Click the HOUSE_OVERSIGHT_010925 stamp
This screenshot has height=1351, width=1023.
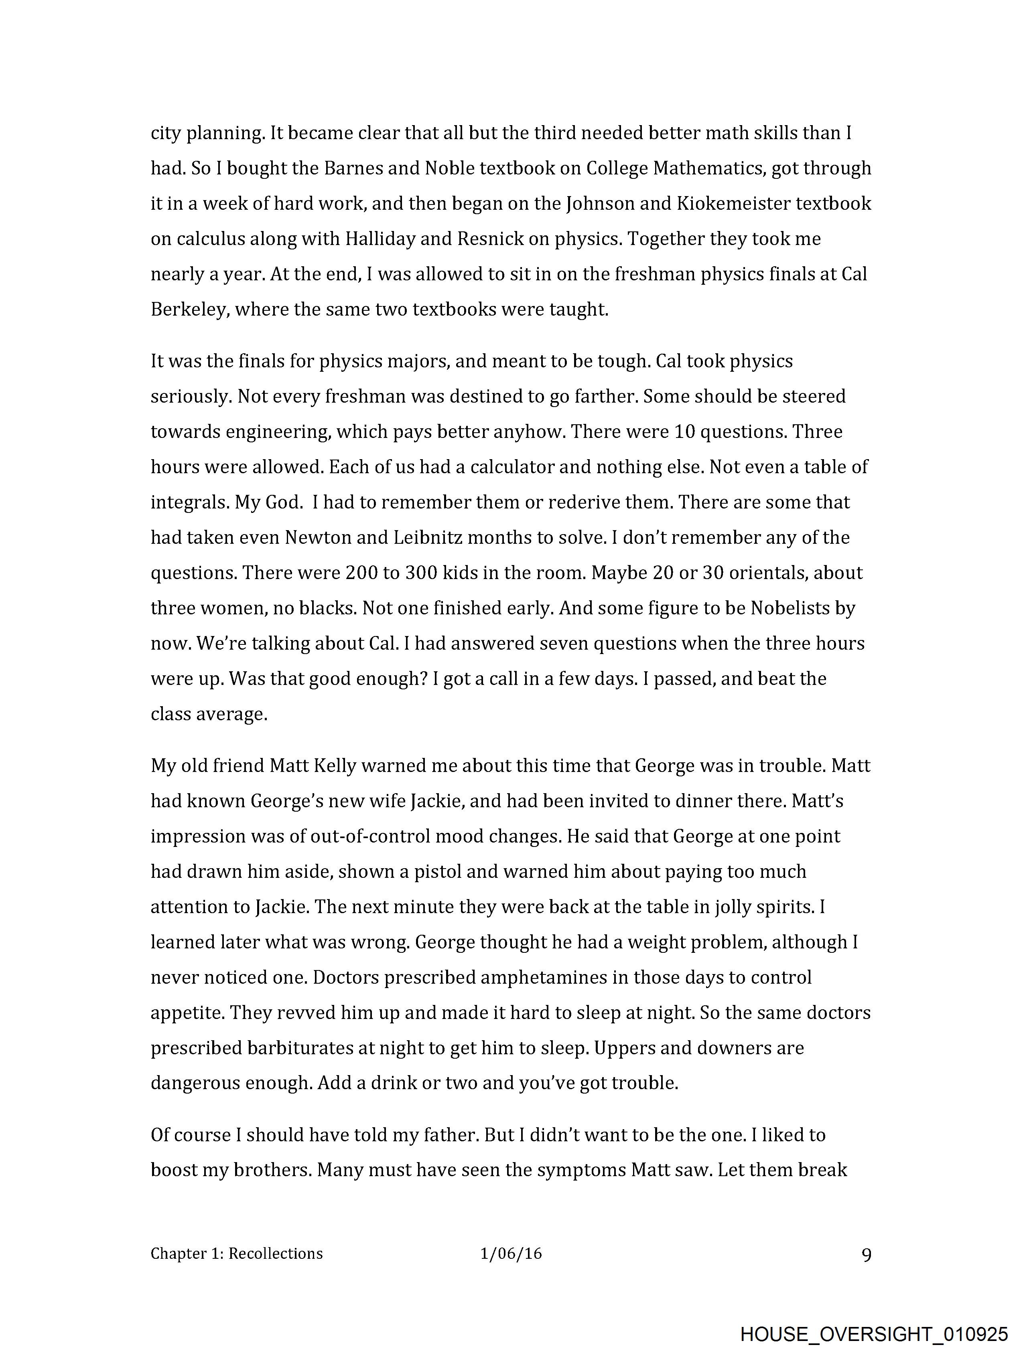tap(874, 1335)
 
